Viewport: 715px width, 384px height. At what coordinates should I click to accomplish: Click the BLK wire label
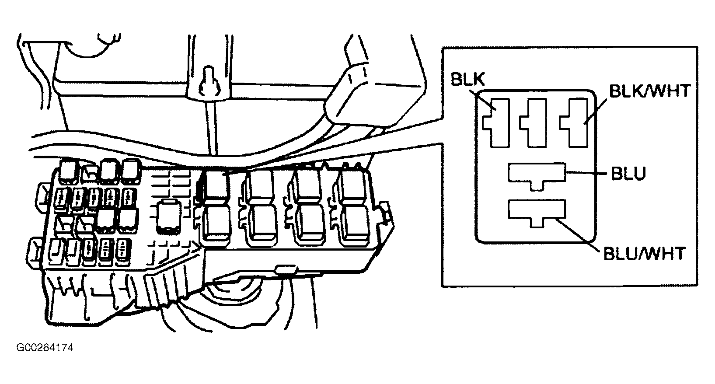tap(467, 80)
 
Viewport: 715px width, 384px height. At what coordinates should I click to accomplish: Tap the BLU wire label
tap(628, 174)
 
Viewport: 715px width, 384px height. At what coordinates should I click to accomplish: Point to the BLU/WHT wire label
tap(644, 254)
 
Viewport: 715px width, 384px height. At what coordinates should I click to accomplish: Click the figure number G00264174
tap(45, 348)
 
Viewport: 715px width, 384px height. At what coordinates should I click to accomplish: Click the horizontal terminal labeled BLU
tap(537, 175)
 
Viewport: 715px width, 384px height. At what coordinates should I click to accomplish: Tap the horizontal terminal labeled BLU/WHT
tap(537, 212)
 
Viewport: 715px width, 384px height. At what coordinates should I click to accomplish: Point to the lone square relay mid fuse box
tap(169, 217)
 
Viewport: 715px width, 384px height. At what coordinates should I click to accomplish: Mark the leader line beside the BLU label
tap(586, 173)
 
